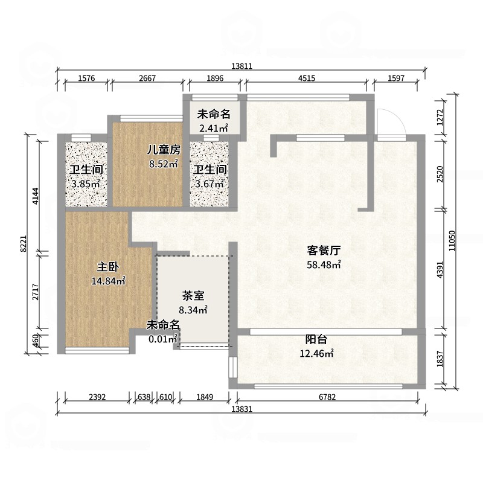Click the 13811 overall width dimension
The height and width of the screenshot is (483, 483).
coord(242,66)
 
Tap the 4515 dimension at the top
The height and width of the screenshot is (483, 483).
coord(307,78)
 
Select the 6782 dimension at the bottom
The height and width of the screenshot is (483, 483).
coord(327,397)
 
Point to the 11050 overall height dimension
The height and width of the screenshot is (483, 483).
coord(452,240)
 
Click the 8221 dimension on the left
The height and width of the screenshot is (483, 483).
coord(24,244)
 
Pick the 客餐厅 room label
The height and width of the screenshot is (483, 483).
coord(324,251)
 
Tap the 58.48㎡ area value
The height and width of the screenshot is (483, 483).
coord(324,264)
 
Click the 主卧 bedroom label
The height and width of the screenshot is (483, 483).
coord(108,267)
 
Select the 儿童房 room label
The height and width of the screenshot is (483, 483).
coord(164,150)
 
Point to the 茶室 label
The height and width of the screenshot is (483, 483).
coord(193,296)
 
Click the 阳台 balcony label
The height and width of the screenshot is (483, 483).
coord(316,339)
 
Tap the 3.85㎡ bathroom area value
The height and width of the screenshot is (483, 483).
coord(85,185)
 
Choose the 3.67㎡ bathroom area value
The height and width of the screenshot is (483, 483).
coord(210,184)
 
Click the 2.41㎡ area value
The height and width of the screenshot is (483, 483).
coord(214,128)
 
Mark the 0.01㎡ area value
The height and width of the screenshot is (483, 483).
coord(163,339)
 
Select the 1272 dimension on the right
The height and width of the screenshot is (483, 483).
coord(440,117)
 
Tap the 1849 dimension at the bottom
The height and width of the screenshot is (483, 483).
coord(205,397)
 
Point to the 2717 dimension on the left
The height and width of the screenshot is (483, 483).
coord(36,292)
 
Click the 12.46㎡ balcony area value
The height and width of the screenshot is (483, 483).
coord(317,353)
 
